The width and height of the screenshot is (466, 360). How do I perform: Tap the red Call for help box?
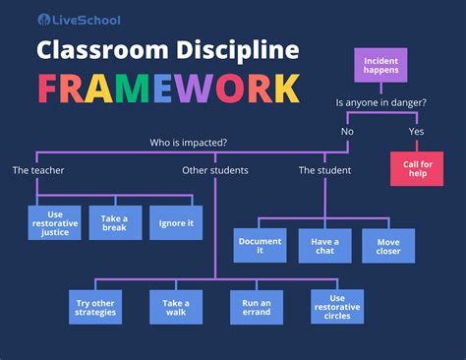[417, 166]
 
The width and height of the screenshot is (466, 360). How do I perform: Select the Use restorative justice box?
[55, 222]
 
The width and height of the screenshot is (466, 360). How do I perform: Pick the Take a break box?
[115, 222]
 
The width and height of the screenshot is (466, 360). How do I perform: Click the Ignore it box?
[176, 222]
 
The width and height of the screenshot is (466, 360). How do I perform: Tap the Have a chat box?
[324, 245]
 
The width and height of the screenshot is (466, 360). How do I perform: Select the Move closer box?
[387, 245]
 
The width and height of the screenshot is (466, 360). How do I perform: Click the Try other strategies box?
[95, 306]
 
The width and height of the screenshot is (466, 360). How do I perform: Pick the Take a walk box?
[176, 306]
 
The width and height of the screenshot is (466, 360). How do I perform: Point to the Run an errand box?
[257, 306]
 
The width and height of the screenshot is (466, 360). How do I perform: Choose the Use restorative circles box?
[337, 306]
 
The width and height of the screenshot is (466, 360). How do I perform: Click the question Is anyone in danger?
[379, 100]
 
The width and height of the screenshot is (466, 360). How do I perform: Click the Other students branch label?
[215, 170]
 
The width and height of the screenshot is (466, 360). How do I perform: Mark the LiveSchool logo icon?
[45, 20]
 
